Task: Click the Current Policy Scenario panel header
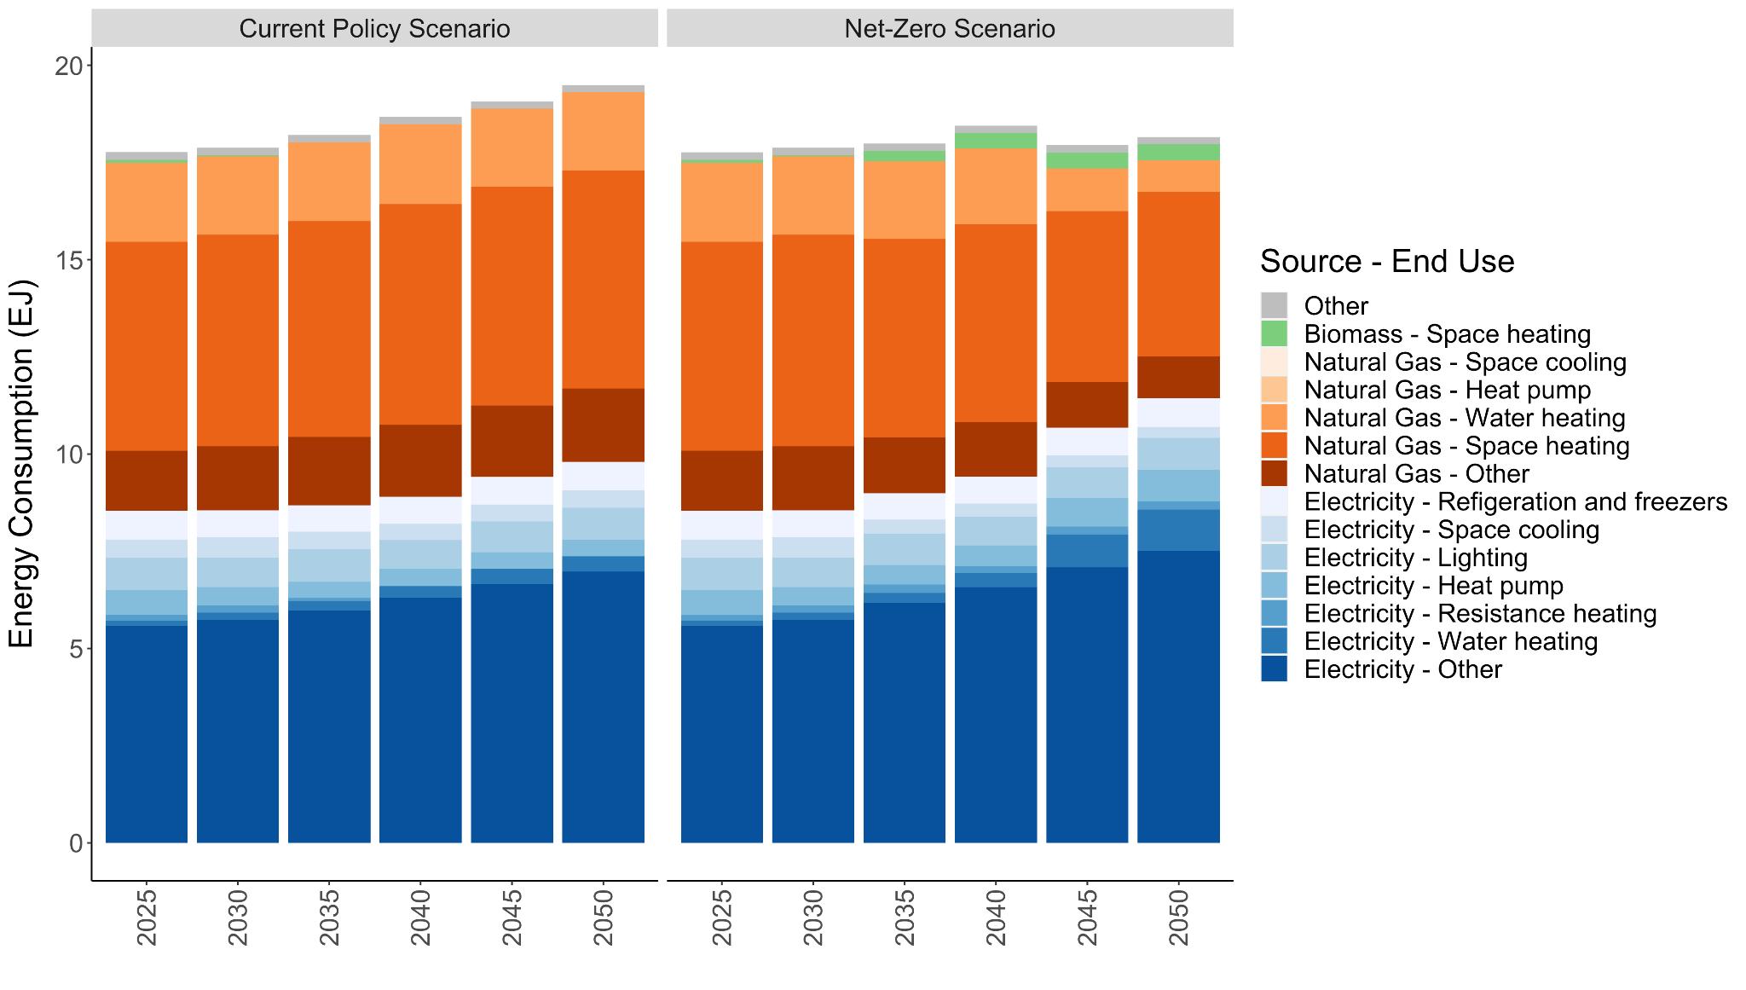coord(374,28)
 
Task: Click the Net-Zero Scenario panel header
coord(949,28)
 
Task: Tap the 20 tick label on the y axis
coord(68,66)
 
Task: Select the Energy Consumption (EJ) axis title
coord(21,463)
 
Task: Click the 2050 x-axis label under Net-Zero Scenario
coord(1179,918)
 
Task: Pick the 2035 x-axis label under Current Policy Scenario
coord(329,918)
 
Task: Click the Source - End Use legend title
coord(1387,261)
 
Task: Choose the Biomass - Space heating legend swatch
coord(1274,333)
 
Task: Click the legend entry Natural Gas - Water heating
coord(1464,418)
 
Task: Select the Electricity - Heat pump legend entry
coord(1433,586)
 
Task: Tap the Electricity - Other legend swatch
coord(1274,669)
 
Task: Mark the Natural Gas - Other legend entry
coord(1416,473)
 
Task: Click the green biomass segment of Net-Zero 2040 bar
coord(996,141)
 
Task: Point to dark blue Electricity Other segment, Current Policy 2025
coord(147,733)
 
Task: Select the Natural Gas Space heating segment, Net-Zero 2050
coord(1179,274)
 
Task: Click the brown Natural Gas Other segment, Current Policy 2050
coord(604,425)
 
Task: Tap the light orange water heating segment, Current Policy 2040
coord(420,164)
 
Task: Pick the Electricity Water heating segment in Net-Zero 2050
coord(1179,530)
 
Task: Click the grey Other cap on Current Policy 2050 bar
coord(604,89)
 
